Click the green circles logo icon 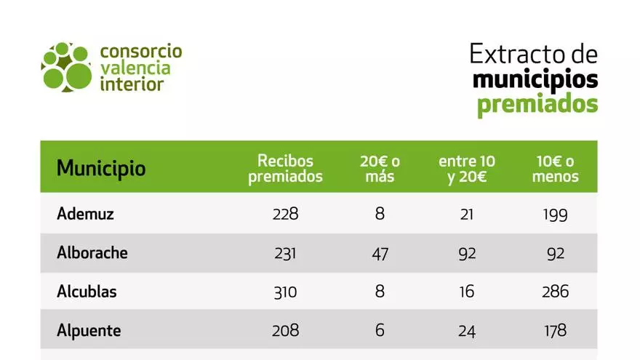66,68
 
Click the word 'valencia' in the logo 135,68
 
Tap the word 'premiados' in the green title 537,103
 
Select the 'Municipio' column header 101,169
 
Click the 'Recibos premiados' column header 285,169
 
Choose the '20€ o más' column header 380,169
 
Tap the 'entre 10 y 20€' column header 467,169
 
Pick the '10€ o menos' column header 555,169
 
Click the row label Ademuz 86,215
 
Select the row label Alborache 92,253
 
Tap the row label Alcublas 87,292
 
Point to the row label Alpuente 89,331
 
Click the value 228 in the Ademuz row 285,215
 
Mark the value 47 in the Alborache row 380,254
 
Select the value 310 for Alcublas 285,292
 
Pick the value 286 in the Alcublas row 555,292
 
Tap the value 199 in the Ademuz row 555,215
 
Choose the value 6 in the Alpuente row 380,331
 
